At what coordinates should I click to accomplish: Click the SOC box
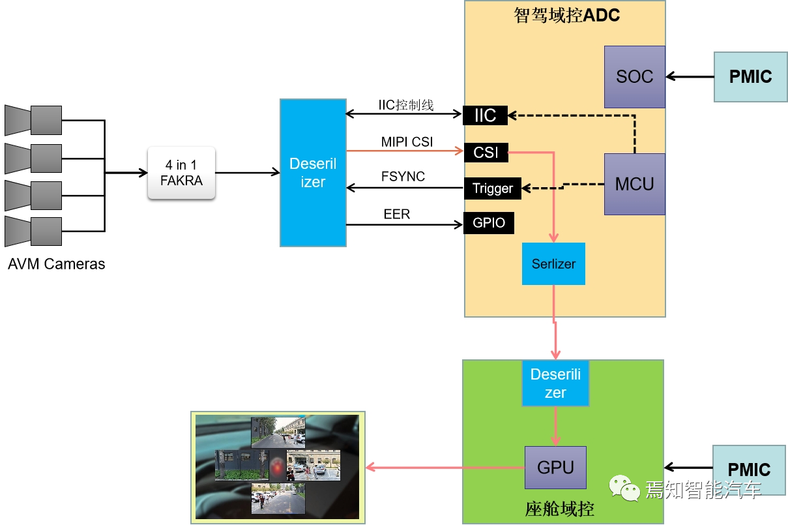pos(634,76)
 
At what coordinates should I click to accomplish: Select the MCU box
pos(634,184)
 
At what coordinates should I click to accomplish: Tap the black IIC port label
pos(485,115)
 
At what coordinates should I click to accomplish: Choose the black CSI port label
pos(486,152)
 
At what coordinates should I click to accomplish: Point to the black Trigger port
pos(492,188)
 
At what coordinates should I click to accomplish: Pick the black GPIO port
pos(488,223)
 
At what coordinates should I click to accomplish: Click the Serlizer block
pos(553,264)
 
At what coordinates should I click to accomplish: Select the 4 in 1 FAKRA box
pos(181,173)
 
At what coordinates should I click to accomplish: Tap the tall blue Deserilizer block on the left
pos(313,173)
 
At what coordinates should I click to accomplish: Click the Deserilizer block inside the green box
pos(555,383)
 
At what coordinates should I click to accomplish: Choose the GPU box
pos(555,468)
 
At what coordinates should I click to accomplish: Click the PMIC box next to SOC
pos(750,77)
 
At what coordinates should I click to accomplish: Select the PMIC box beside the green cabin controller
pos(749,470)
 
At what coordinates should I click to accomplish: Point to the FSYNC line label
pos(403,177)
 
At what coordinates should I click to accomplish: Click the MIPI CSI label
pos(407,142)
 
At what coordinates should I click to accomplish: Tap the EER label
pos(397,214)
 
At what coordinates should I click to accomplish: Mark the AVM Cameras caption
pos(56,264)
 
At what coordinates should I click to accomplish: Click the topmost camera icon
pos(33,120)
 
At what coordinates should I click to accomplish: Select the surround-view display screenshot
pos(278,467)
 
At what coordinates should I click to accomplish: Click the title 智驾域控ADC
pos(566,16)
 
